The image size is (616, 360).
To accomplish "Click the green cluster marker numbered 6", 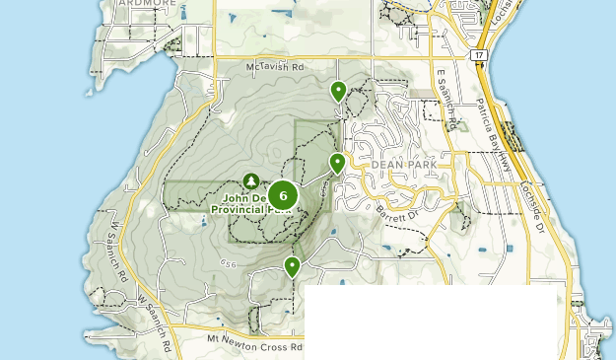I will click(x=283, y=195).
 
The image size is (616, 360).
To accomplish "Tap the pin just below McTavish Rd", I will click(x=339, y=92).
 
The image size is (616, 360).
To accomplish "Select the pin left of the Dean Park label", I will click(x=337, y=163).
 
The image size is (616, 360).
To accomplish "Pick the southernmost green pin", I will click(x=292, y=266).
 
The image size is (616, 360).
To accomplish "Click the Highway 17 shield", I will click(x=479, y=55).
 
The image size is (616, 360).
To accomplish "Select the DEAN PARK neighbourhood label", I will click(x=397, y=166).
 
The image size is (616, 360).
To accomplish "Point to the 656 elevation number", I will click(x=230, y=263).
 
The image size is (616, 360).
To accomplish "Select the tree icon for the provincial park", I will click(x=250, y=181).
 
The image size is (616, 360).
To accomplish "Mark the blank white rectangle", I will click(x=431, y=323).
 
